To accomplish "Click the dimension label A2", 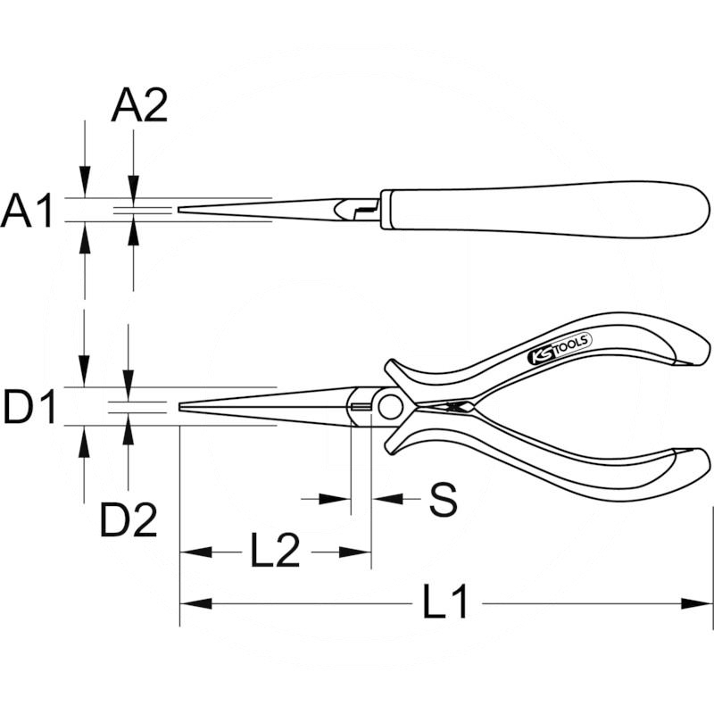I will click(x=139, y=107).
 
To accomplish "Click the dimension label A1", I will click(x=28, y=212).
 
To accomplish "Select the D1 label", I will click(x=29, y=408).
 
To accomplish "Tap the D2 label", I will click(x=128, y=520).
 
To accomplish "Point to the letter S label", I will click(x=443, y=502).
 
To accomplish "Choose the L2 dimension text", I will click(x=274, y=553).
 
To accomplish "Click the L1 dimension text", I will click(x=445, y=604).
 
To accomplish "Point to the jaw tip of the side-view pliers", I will click(x=181, y=210).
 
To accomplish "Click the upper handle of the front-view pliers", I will click(x=571, y=357).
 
